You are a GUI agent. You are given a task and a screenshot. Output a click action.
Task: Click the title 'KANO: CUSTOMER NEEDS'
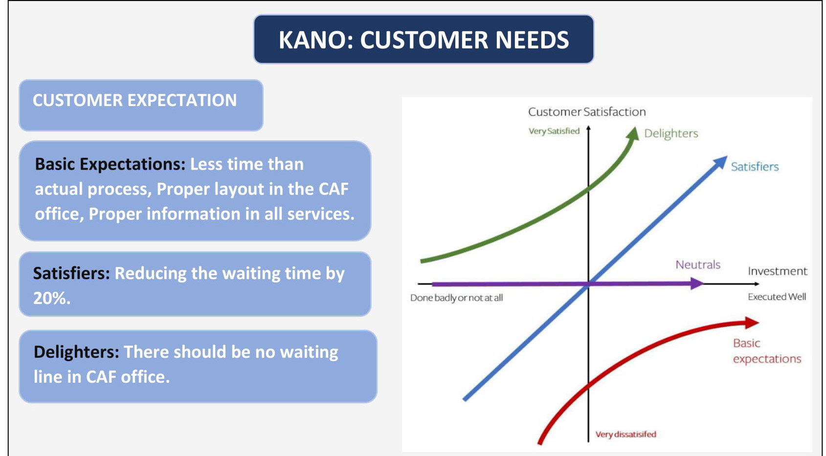tap(424, 40)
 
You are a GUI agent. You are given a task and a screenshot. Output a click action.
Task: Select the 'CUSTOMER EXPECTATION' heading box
tap(141, 105)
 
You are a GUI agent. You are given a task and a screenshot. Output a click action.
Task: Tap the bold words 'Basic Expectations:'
tap(110, 164)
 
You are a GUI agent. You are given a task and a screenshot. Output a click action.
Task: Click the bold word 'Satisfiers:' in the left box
tap(71, 273)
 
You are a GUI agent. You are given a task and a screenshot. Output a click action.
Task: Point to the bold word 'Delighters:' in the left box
tap(76, 352)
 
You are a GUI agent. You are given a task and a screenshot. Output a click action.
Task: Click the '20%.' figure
tap(52, 298)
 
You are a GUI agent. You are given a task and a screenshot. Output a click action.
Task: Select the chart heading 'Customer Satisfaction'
tap(586, 112)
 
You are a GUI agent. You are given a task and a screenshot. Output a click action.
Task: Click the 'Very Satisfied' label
tap(554, 131)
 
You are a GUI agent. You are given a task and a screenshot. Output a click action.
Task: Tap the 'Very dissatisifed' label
tap(625, 434)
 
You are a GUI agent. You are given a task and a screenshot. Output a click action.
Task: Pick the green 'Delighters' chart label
tap(670, 133)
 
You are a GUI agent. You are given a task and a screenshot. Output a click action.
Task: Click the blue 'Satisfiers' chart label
tap(755, 167)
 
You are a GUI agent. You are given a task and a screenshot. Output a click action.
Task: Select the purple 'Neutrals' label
tap(698, 264)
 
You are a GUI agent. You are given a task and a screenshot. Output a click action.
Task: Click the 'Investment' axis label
tap(777, 271)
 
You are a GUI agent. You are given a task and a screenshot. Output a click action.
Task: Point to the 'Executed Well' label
tap(777, 297)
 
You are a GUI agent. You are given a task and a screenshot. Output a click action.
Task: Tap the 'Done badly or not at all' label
tap(456, 298)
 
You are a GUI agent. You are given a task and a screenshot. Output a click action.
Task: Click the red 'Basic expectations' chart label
tap(766, 351)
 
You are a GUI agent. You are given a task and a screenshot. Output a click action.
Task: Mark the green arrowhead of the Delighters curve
tap(633, 133)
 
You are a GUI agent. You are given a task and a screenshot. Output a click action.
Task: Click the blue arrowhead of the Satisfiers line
tap(720, 162)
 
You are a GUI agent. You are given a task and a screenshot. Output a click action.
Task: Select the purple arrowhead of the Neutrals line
tap(696, 283)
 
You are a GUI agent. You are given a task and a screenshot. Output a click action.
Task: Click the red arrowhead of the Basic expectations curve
tap(752, 322)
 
